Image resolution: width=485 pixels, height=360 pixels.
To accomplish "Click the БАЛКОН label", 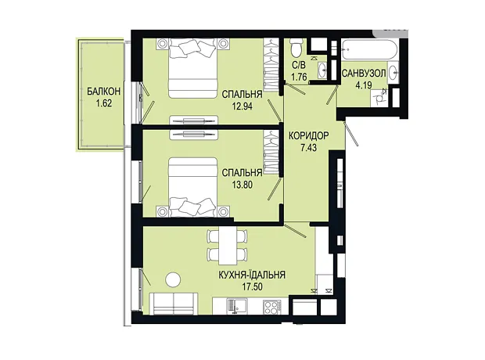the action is (x=103, y=92).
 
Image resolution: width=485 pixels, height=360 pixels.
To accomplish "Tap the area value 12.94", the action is (x=242, y=106).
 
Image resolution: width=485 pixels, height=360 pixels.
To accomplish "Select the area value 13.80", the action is (x=242, y=185).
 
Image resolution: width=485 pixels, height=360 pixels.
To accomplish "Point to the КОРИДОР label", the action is (x=309, y=135).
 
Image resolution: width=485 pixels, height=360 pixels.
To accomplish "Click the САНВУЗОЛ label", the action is (x=364, y=74).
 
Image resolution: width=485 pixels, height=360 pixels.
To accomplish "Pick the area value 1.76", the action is (x=299, y=77).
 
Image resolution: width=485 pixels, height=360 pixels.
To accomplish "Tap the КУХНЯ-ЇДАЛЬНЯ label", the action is (x=252, y=275).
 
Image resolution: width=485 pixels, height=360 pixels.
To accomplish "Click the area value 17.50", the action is (x=252, y=286).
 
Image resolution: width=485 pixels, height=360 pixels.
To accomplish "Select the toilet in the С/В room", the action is (x=296, y=47).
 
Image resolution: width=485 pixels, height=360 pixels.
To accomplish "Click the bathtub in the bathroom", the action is (x=369, y=49).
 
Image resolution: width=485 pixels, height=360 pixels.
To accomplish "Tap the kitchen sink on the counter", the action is (x=236, y=306).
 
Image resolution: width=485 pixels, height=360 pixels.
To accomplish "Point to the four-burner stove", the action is (x=271, y=307).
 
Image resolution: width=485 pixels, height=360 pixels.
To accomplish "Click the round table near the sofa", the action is (x=173, y=280).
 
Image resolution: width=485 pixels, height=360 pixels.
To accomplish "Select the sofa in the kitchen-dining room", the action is (x=174, y=304).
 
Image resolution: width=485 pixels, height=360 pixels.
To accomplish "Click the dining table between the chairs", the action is (x=228, y=245).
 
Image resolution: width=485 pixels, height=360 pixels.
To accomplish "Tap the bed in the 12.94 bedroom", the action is (x=192, y=68).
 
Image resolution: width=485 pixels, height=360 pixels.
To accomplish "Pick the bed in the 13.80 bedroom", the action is (x=192, y=187).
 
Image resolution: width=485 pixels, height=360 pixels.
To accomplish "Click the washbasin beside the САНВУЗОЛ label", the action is (x=393, y=73).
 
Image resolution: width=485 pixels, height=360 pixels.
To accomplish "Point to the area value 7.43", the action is (x=309, y=147).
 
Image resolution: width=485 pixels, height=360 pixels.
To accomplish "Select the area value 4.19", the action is (x=364, y=85).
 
